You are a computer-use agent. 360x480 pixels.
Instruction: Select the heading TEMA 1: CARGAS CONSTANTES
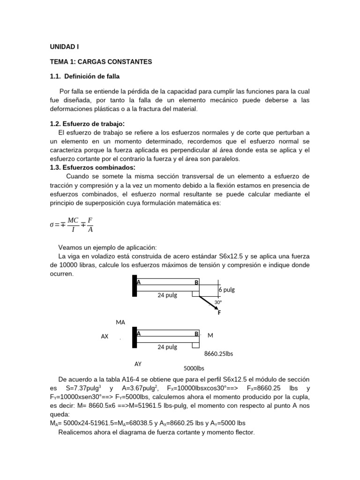point(101,61)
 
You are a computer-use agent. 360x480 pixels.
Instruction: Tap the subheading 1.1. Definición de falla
point(88,76)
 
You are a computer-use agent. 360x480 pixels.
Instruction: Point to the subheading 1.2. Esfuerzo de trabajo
point(87,124)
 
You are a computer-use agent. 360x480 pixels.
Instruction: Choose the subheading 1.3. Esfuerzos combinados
point(92,167)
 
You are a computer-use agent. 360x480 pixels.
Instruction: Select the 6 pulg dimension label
point(226,290)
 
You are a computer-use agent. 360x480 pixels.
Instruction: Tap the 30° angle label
point(217,302)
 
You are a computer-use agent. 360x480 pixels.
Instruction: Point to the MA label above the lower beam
point(120,322)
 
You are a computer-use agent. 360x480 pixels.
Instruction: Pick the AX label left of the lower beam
point(105,337)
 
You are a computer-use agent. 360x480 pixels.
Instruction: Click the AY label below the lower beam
point(138,363)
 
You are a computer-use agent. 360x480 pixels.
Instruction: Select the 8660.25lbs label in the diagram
point(218,354)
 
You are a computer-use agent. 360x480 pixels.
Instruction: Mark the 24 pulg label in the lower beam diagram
point(167,347)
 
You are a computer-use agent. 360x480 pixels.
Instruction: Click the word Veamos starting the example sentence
point(71,247)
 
